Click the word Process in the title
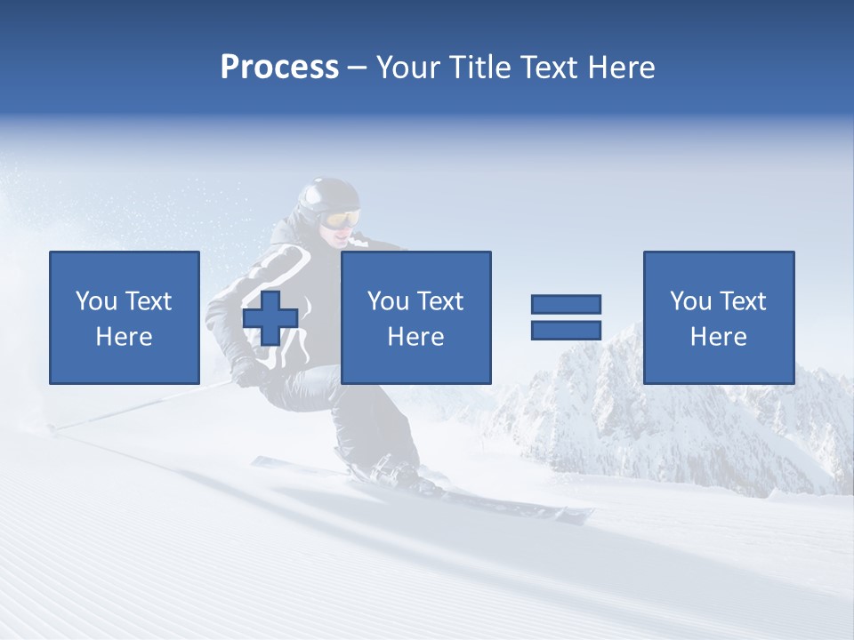pyautogui.click(x=279, y=68)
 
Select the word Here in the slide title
pyautogui.click(x=620, y=68)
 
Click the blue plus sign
pyautogui.click(x=270, y=318)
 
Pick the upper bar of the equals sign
pyautogui.click(x=566, y=304)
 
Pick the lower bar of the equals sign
pyautogui.click(x=566, y=330)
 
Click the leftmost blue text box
pyautogui.click(x=124, y=317)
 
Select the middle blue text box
pyautogui.click(x=415, y=317)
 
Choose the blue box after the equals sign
pyautogui.click(x=718, y=317)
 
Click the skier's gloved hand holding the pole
pyautogui.click(x=246, y=370)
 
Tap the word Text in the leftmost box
pyautogui.click(x=148, y=301)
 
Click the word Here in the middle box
pyautogui.click(x=415, y=337)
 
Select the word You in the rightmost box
pyautogui.click(x=689, y=301)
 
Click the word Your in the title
pyautogui.click(x=407, y=68)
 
